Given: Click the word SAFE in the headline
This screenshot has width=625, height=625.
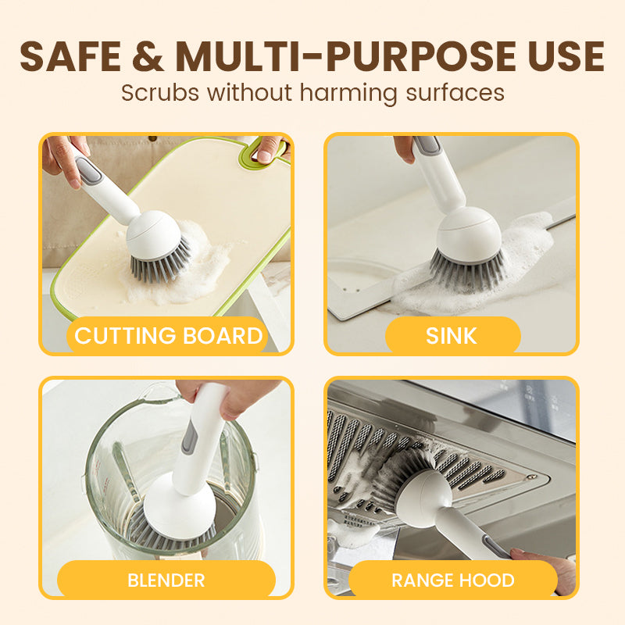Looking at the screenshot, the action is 70,56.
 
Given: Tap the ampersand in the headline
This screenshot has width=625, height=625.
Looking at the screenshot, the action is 148,56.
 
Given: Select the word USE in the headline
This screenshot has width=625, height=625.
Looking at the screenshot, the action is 566,56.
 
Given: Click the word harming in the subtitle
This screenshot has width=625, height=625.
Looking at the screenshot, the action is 348,93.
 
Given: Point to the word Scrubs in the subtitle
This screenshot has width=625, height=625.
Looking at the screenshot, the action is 160,93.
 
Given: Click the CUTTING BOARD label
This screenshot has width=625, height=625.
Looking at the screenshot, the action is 168,336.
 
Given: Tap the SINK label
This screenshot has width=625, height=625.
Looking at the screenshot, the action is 452,336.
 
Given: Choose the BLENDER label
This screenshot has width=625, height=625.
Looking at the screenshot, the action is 166,580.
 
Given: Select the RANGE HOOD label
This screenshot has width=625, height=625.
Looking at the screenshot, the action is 453,580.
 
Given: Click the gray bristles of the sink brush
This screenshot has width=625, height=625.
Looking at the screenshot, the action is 468,271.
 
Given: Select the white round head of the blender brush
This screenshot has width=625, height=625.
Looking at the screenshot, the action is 180,505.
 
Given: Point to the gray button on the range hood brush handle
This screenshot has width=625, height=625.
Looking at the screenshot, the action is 495,546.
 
